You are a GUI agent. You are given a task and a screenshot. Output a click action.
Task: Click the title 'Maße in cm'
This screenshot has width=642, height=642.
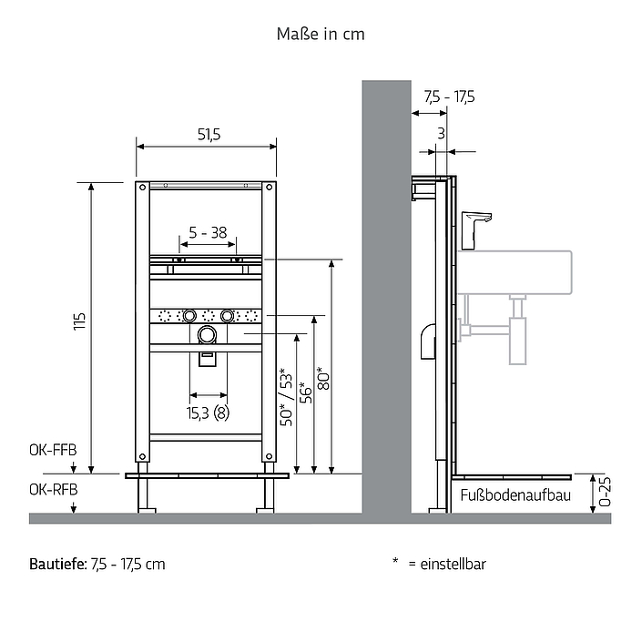click(x=321, y=34)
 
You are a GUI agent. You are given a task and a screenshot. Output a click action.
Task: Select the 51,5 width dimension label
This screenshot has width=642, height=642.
click(x=209, y=134)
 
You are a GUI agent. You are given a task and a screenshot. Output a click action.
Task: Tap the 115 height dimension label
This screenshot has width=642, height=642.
click(x=79, y=321)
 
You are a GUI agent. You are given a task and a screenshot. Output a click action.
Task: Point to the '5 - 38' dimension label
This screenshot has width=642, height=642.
click(x=208, y=232)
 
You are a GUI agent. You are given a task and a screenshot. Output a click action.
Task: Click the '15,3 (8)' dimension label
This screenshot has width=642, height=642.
click(x=208, y=413)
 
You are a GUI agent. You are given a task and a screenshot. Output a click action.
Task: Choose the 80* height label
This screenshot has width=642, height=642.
click(x=323, y=378)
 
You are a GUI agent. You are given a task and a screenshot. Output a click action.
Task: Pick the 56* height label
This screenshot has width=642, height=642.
click(x=306, y=392)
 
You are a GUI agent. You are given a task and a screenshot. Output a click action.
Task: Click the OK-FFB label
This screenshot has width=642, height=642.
click(x=53, y=450)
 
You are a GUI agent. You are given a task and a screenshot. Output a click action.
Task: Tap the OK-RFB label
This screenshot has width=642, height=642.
click(x=53, y=489)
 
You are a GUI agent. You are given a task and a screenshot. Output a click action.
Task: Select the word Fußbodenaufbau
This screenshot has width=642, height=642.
click(x=515, y=495)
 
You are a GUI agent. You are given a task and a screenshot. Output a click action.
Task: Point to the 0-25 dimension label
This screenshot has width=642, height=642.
click(x=605, y=492)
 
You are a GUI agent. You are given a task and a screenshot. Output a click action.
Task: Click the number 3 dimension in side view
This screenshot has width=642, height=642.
click(x=441, y=133)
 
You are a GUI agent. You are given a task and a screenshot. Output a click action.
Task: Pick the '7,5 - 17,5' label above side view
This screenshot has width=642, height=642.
click(x=449, y=97)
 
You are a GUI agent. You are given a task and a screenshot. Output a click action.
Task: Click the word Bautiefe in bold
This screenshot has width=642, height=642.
click(x=57, y=565)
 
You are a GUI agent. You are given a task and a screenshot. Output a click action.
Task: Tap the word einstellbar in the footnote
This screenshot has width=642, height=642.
click(x=453, y=565)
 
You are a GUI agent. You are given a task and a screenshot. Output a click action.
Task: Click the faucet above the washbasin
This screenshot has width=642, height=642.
click(x=476, y=230)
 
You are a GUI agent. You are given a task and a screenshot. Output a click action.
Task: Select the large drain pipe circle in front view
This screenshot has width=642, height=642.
click(x=207, y=335)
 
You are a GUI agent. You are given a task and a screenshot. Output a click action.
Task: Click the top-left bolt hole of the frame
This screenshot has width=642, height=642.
click(x=142, y=188)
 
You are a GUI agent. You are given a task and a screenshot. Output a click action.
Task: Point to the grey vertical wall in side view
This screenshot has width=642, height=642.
click(x=386, y=297)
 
